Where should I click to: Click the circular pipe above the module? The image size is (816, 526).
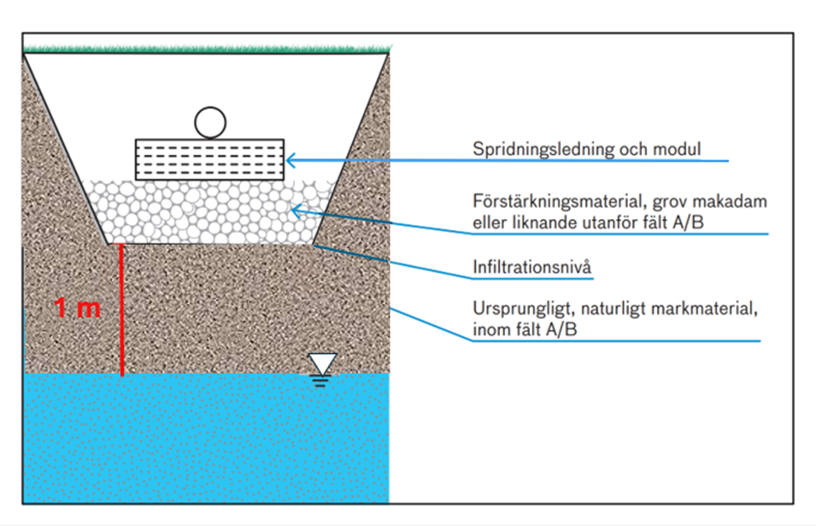click(210, 122)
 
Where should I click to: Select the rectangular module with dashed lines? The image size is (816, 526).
click(210, 159)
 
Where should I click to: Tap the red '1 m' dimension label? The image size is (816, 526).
click(78, 308)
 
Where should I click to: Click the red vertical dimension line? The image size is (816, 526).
click(122, 309)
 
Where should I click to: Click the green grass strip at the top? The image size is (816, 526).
click(206, 48)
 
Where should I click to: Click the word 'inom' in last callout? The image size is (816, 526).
click(489, 330)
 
